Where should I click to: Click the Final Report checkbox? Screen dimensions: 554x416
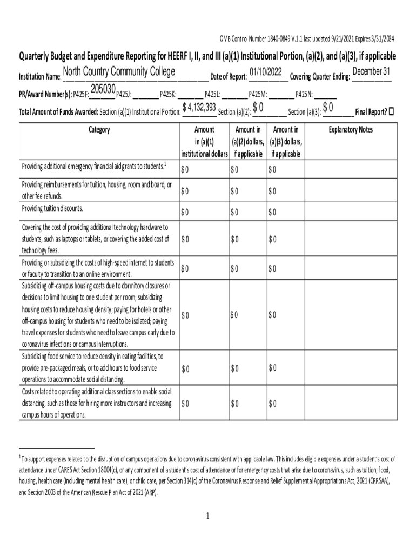(392, 111)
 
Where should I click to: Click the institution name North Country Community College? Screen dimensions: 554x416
(119, 72)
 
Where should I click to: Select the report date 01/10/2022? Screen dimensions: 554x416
(266, 72)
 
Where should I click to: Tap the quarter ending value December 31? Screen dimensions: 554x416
(371, 72)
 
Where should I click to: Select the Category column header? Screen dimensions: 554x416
(99, 130)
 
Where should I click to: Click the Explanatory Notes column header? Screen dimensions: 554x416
(351, 130)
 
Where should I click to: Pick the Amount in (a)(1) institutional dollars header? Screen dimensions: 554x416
(204, 141)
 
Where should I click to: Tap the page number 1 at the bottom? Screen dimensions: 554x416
(207, 516)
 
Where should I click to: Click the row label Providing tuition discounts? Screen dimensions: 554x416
(52, 208)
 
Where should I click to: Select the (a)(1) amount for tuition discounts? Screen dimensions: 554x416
(185, 212)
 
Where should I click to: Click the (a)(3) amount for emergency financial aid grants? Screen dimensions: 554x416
(272, 170)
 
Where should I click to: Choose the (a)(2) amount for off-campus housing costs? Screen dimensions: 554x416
(234, 314)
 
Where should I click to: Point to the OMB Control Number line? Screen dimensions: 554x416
(306, 38)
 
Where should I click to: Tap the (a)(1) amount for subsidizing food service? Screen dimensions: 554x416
(185, 369)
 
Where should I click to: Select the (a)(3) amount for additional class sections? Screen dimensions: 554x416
(272, 404)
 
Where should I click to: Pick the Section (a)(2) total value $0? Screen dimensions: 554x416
(258, 108)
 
